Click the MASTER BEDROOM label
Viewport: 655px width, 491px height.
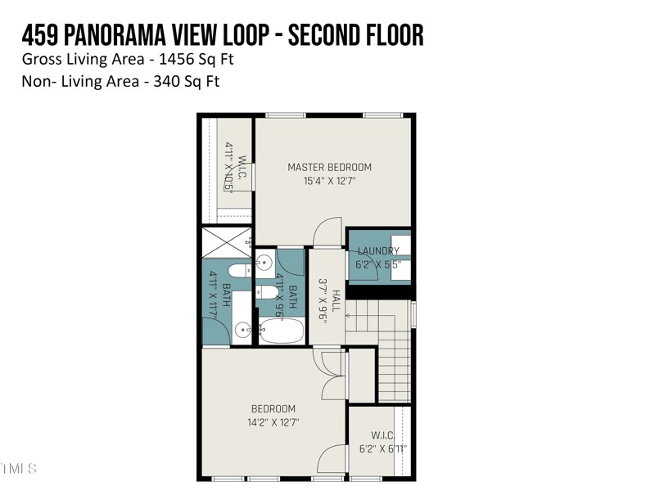[329, 168]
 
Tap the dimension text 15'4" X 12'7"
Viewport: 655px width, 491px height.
[329, 182]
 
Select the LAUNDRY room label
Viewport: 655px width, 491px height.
[378, 251]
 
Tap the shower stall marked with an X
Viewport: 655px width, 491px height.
[227, 241]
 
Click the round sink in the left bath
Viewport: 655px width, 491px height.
[242, 331]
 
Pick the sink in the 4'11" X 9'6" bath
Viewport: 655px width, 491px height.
[264, 263]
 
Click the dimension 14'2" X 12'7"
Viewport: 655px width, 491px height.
[273, 423]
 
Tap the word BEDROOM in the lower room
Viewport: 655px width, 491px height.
[273, 409]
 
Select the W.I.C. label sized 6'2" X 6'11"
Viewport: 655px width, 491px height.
[383, 435]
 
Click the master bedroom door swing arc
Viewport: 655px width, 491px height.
[327, 230]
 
